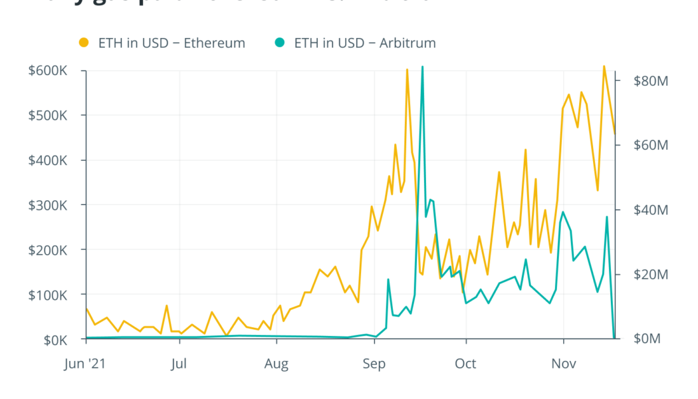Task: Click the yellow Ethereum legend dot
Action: [x=83, y=43]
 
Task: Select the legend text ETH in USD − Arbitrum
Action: [x=365, y=43]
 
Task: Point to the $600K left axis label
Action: [x=48, y=70]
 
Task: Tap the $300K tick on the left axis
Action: [x=48, y=205]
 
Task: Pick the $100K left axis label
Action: [x=48, y=295]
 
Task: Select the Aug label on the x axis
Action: [x=277, y=364]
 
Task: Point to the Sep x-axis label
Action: [x=374, y=364]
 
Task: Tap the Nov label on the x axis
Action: [x=564, y=364]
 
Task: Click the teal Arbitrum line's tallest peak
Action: [x=422, y=66]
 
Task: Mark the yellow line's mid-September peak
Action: [x=407, y=69]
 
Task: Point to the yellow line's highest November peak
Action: [x=604, y=66]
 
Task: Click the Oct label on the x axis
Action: [x=466, y=364]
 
